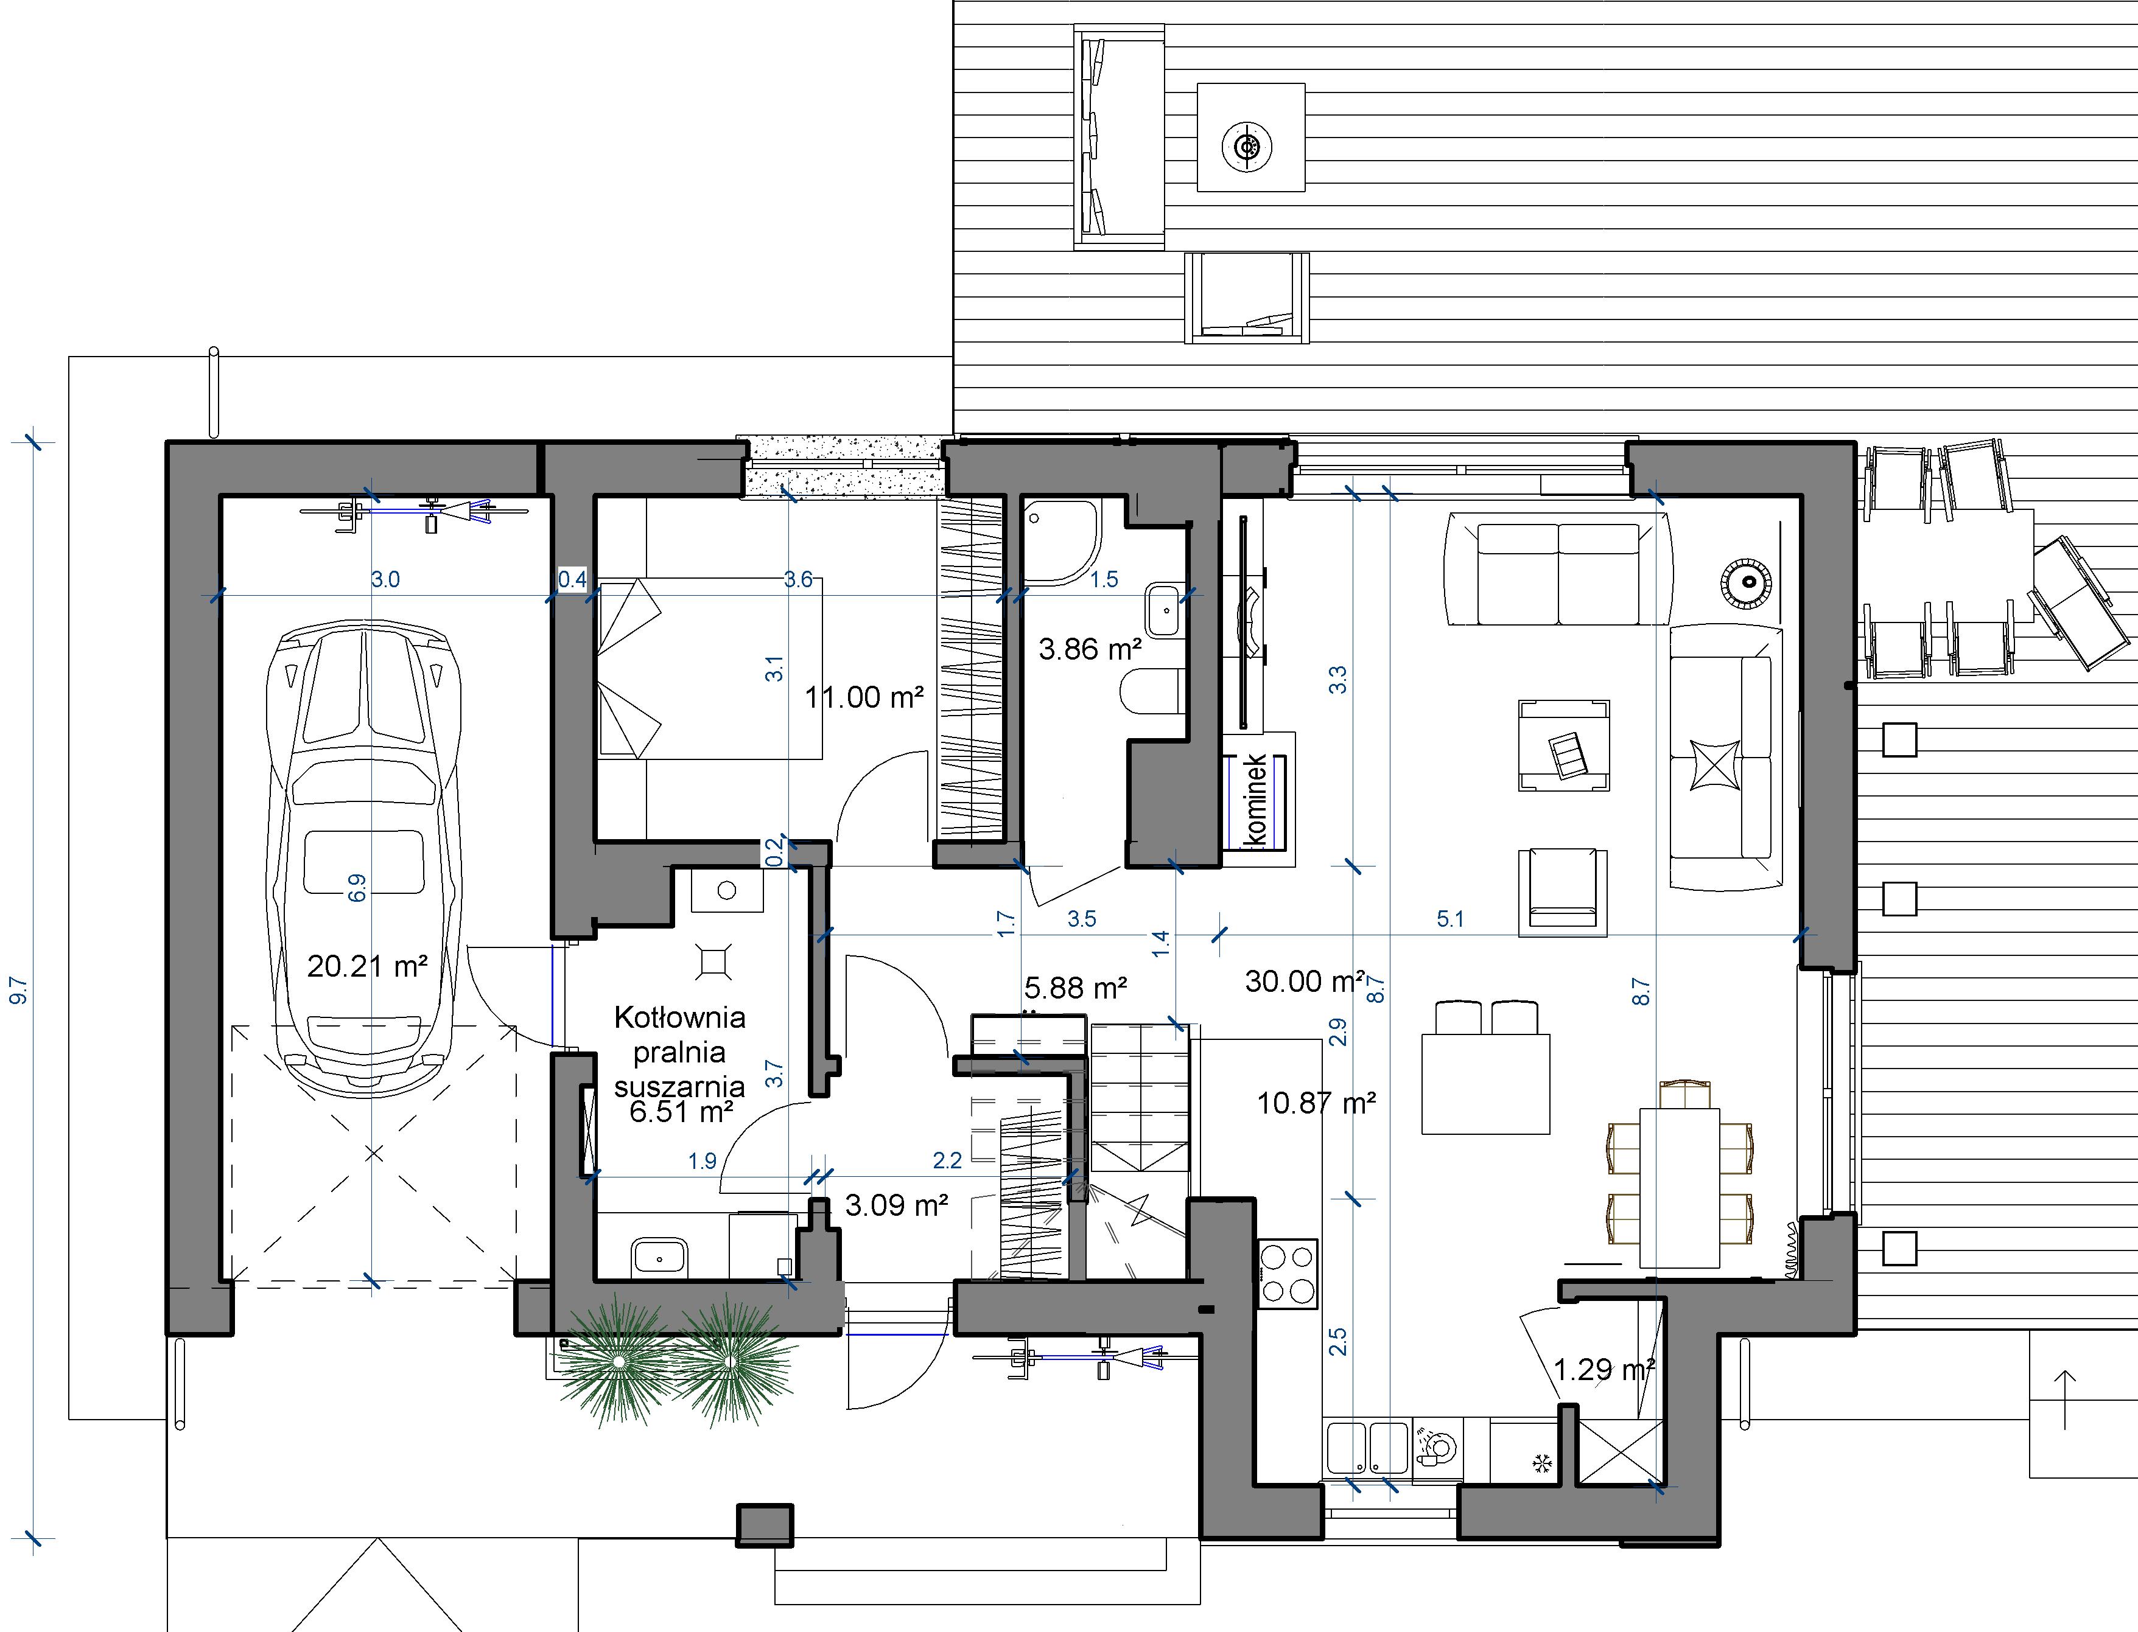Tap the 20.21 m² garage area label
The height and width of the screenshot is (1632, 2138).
pyautogui.click(x=367, y=966)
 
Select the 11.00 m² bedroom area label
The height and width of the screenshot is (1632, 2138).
pyautogui.click(x=864, y=697)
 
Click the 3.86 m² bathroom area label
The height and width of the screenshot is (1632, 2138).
pyautogui.click(x=1090, y=648)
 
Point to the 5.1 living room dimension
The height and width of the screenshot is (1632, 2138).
pyautogui.click(x=1450, y=919)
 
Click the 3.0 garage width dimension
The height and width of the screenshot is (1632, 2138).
pyautogui.click(x=386, y=580)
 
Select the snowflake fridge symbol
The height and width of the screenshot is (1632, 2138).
pyautogui.click(x=1541, y=1463)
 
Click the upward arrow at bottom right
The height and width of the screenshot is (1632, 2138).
pyautogui.click(x=2065, y=1399)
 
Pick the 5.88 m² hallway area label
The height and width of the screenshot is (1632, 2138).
pyautogui.click(x=1076, y=988)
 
